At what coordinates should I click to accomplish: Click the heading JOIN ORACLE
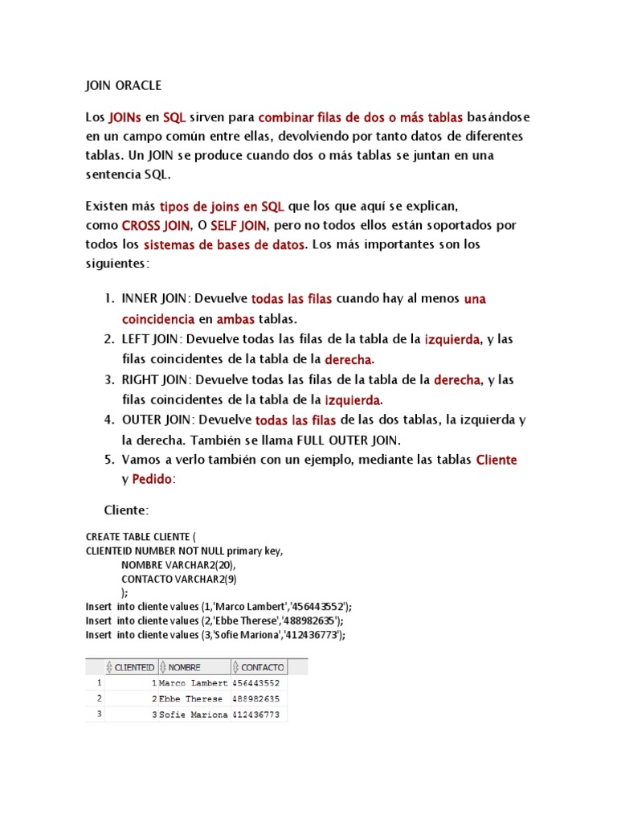[x=123, y=84]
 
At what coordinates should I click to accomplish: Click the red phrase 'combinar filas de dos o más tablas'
[x=361, y=117]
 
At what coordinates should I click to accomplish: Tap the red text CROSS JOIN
[x=156, y=225]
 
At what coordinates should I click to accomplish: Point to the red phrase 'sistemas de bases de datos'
[x=224, y=244]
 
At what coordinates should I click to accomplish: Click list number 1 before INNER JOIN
[x=108, y=299]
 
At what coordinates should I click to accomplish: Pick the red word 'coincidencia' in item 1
[x=158, y=318]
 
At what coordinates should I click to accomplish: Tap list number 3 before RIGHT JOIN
[x=108, y=379]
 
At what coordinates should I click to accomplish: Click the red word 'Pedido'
[x=153, y=479]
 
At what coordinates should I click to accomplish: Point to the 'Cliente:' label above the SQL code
[x=126, y=510]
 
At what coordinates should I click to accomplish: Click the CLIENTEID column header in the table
[x=134, y=667]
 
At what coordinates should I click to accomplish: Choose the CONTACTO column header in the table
[x=262, y=667]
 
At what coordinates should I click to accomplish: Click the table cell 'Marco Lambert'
[x=194, y=682]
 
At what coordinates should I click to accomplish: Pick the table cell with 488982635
[x=256, y=698]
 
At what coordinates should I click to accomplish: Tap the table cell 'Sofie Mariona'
[x=194, y=714]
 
